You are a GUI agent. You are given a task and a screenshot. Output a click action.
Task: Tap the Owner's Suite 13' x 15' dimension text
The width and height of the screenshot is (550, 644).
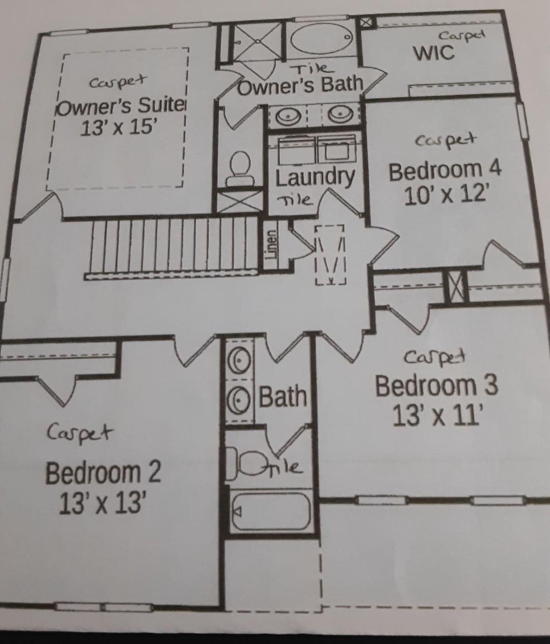coord(118,128)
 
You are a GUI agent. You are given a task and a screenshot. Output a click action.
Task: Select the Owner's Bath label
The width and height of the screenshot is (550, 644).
coord(300,85)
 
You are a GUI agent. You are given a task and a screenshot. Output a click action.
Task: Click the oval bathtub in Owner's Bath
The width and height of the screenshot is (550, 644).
coord(322,37)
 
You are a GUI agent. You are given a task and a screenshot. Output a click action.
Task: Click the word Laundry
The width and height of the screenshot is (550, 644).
coord(315,178)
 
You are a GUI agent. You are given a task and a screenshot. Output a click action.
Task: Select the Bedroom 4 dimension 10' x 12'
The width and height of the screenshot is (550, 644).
coord(446,196)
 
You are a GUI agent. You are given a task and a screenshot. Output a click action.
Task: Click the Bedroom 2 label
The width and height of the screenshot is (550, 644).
coord(103,473)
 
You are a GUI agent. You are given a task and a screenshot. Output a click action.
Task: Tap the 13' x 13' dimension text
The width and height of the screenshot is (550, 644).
coord(103,502)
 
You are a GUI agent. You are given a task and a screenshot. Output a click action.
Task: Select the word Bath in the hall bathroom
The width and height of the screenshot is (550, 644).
coord(283,396)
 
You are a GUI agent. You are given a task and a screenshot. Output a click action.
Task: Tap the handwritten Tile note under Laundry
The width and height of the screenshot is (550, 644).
coord(295,200)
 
